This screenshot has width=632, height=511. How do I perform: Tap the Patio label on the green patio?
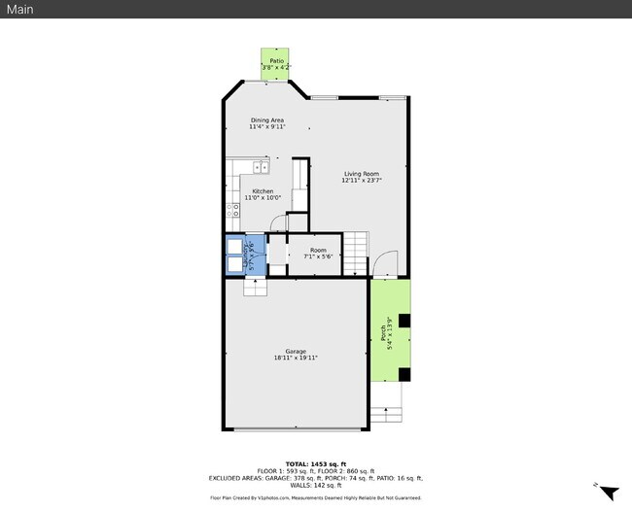point(276,60)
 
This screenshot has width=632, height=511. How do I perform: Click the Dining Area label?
point(266,120)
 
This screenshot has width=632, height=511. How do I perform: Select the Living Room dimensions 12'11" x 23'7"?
point(361,181)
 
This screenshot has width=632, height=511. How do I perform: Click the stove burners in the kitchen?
point(232,208)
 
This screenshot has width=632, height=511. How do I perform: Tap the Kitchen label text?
point(263,191)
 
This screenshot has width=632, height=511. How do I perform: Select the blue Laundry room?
point(239,255)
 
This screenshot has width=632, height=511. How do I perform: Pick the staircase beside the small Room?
point(357,254)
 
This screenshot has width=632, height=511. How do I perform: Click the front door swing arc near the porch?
point(385,263)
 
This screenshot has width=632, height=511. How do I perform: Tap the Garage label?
point(296,351)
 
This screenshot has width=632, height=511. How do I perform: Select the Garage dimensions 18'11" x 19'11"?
point(296,358)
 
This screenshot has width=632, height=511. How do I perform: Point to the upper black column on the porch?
point(405,320)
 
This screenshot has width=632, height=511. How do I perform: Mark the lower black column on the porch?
point(405,373)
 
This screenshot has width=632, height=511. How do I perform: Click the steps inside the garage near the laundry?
point(254,287)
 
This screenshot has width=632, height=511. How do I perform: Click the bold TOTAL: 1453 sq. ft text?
point(316,464)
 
